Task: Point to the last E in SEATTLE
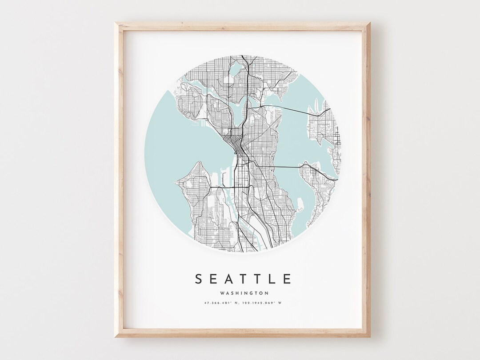(287, 279)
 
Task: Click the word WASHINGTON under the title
(243, 293)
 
